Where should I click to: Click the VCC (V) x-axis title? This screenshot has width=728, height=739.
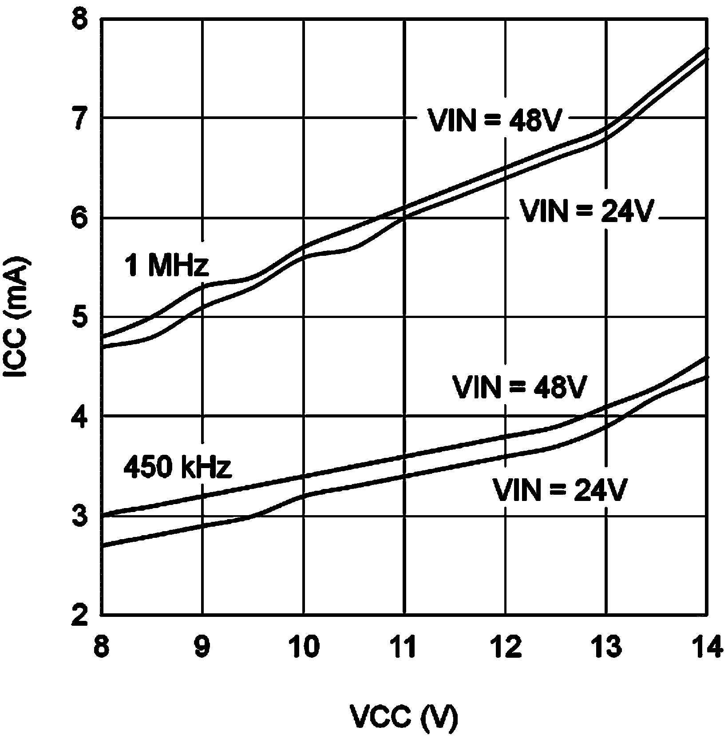(404, 716)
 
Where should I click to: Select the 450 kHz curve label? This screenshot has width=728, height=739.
(178, 467)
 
